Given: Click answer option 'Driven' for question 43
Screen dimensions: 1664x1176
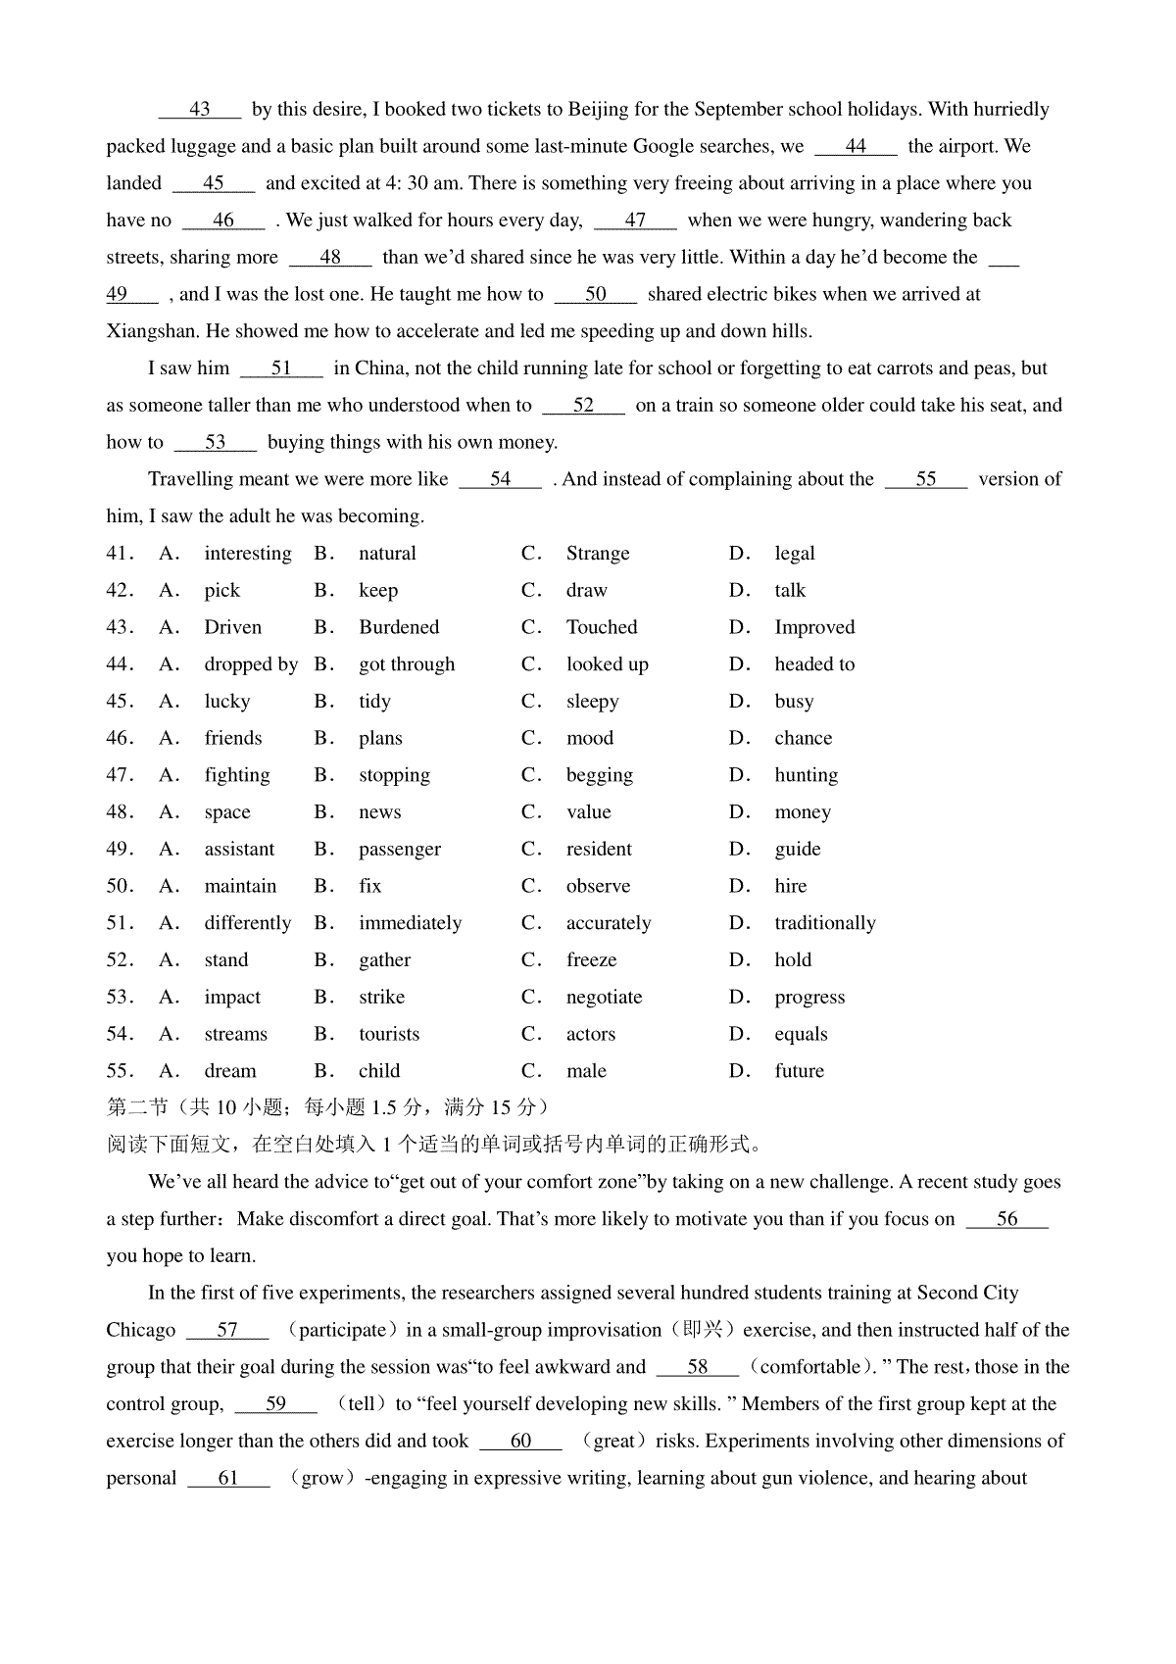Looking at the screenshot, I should point(232,627).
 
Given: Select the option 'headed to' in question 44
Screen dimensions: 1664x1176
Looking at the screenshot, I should point(813,664).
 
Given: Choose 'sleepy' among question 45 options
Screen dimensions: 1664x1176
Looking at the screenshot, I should point(592,702).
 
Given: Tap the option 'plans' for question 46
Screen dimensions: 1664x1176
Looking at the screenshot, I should point(380,738).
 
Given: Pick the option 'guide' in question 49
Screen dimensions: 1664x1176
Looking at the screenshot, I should point(797,850).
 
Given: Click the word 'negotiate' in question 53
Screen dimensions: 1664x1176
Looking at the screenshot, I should point(604,998).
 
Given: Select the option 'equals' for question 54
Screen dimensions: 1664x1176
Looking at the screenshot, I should point(801,1035).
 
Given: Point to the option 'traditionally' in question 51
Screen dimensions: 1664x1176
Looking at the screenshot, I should point(824,923).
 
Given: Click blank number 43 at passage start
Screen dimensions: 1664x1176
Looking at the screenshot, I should point(200,110).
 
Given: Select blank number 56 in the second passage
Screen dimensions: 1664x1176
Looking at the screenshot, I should point(1006,1220).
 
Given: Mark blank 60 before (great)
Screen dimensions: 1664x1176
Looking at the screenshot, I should point(521,1442).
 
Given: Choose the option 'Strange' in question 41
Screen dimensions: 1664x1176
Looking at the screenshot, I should point(598,554).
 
